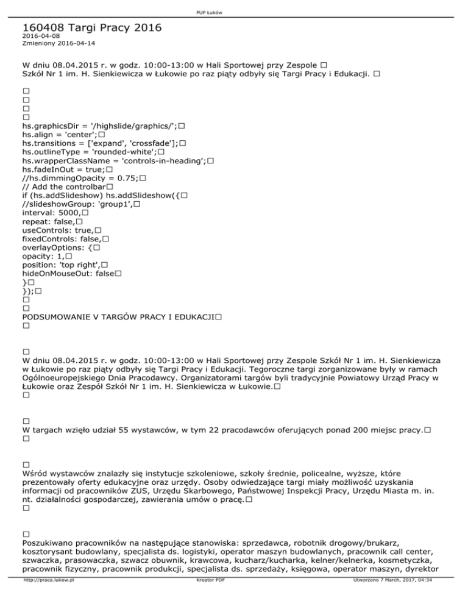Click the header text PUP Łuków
coord(233,7)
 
